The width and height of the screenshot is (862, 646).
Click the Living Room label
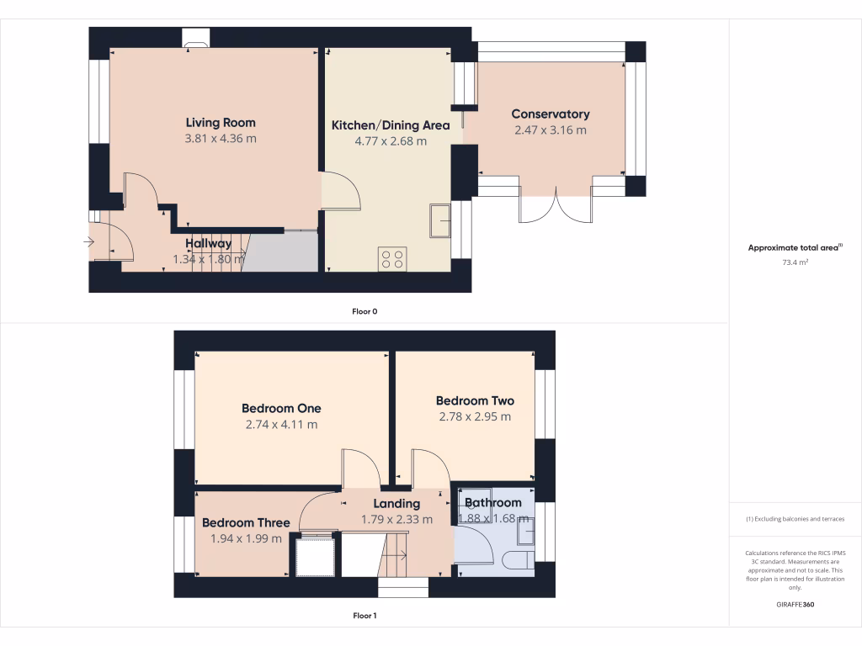(221, 123)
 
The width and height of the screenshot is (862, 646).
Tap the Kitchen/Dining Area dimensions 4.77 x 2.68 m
(391, 141)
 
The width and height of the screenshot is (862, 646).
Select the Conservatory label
(551, 114)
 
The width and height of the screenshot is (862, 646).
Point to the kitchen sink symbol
(439, 220)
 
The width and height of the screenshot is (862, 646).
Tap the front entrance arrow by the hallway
(89, 243)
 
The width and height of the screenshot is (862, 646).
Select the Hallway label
(208, 244)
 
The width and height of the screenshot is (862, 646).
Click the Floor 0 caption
(364, 311)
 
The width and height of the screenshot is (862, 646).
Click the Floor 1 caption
(364, 616)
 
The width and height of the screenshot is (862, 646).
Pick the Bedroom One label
(281, 409)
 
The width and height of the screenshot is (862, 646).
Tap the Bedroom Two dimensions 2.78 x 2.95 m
(475, 416)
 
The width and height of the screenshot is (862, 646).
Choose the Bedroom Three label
(246, 523)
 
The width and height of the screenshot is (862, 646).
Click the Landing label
(396, 504)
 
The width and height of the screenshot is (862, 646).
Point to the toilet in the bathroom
(516, 560)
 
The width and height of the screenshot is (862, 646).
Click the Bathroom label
(493, 503)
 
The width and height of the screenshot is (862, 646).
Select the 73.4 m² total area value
(795, 262)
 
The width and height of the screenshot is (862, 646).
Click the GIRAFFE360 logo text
(795, 605)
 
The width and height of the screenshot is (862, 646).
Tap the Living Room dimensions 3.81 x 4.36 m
(221, 139)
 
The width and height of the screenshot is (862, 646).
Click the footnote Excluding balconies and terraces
(795, 519)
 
